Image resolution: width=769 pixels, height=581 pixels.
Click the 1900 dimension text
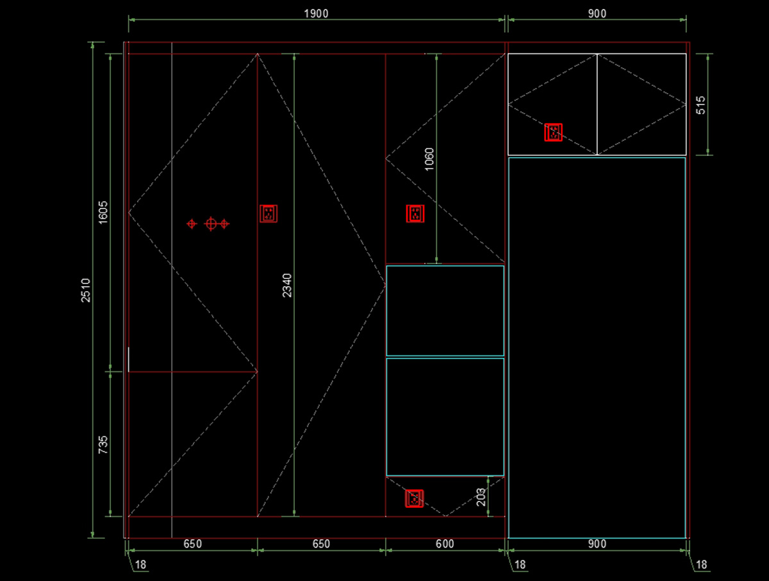[317, 13]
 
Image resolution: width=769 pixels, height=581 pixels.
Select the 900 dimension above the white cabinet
[596, 13]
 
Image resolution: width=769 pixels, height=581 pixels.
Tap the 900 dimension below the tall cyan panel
[596, 544]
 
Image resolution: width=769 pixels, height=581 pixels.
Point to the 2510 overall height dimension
[86, 290]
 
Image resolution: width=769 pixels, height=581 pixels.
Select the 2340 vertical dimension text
[286, 285]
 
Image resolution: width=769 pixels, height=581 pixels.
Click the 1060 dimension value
[429, 159]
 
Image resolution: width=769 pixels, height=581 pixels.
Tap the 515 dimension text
[700, 105]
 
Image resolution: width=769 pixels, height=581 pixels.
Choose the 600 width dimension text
[445, 544]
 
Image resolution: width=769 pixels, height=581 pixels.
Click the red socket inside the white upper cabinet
[553, 132]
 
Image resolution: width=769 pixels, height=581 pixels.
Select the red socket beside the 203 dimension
[415, 498]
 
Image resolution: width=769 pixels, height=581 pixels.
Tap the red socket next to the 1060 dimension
[415, 214]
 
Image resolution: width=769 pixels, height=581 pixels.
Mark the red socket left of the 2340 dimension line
[269, 214]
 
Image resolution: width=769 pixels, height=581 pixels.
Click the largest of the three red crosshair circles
[210, 224]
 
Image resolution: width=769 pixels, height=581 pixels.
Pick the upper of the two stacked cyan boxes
[445, 310]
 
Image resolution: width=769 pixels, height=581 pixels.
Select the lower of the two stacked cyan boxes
[445, 416]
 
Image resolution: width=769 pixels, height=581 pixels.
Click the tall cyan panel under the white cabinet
[597, 347]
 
